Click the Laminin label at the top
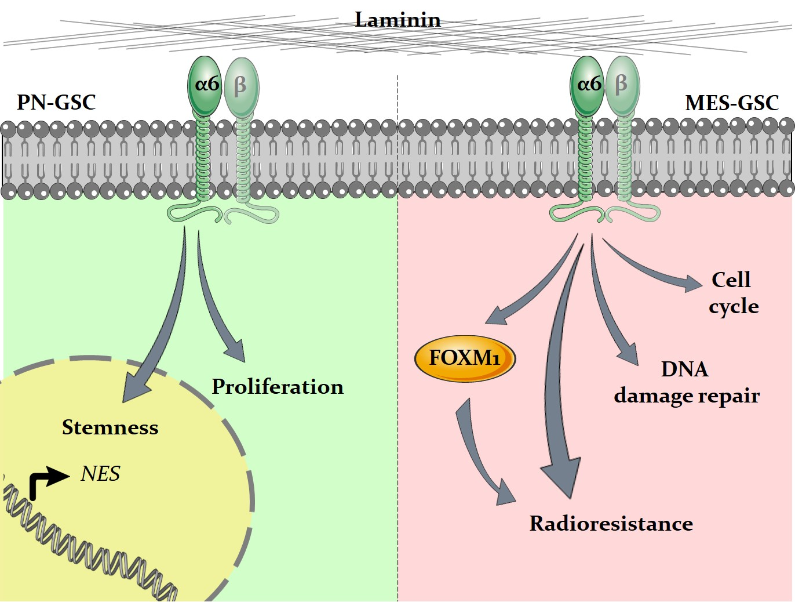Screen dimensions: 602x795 click(x=397, y=20)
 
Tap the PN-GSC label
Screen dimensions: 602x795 click(x=56, y=103)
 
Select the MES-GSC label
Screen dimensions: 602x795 click(x=731, y=103)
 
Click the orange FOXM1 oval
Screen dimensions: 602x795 click(x=465, y=358)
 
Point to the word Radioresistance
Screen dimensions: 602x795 click(x=611, y=524)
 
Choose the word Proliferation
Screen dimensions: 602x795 click(x=278, y=387)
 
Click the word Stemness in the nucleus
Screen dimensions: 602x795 click(x=110, y=427)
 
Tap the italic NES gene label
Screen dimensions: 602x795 click(x=100, y=474)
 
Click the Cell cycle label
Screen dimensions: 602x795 click(x=733, y=293)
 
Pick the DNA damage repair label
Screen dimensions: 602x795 click(x=687, y=383)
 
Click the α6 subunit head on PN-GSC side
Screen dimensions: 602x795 click(x=205, y=85)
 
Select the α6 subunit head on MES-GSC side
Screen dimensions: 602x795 click(x=588, y=85)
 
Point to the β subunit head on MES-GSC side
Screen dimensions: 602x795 click(x=622, y=85)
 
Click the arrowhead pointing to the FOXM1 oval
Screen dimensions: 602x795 click(x=495, y=316)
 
